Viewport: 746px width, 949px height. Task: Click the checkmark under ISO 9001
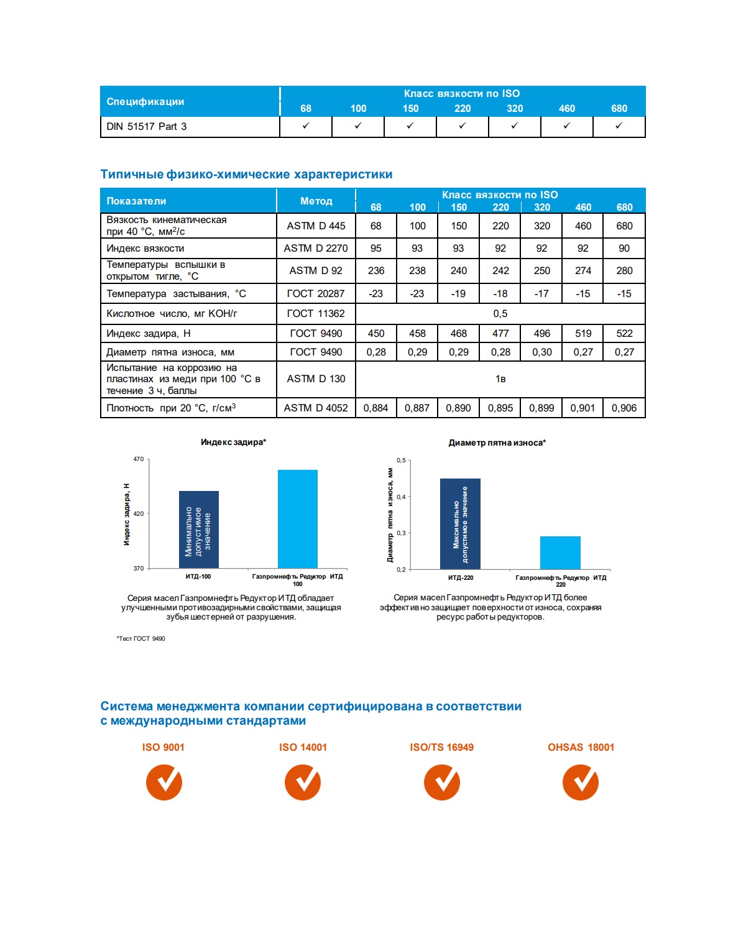(x=164, y=782)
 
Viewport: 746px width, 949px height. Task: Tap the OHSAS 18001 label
(x=581, y=747)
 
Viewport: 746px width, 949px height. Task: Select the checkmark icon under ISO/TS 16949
(x=442, y=782)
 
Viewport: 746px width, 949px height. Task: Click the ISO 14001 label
(x=303, y=747)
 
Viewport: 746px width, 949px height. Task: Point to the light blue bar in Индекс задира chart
(x=297, y=519)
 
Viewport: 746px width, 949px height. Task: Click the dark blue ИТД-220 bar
(x=460, y=523)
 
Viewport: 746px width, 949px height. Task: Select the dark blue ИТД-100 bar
(x=199, y=530)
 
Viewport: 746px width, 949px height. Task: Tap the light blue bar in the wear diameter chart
(x=560, y=552)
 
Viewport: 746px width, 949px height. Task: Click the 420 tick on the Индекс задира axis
(x=138, y=513)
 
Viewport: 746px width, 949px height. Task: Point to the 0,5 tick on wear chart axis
(x=401, y=461)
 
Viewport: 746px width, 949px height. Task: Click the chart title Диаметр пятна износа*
(x=497, y=442)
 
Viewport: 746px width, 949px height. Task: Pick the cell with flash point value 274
(x=583, y=271)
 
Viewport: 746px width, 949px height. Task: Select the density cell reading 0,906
(x=624, y=408)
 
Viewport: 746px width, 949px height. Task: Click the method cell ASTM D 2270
(x=316, y=249)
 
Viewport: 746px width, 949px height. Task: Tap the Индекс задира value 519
(x=583, y=334)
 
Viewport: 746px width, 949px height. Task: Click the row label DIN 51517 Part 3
(x=147, y=127)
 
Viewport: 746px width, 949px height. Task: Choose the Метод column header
(x=316, y=201)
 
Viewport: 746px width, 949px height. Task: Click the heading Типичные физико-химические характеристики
(x=246, y=175)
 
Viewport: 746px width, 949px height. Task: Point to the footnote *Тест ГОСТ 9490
(x=141, y=638)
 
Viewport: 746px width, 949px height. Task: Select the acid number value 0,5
(x=500, y=314)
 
